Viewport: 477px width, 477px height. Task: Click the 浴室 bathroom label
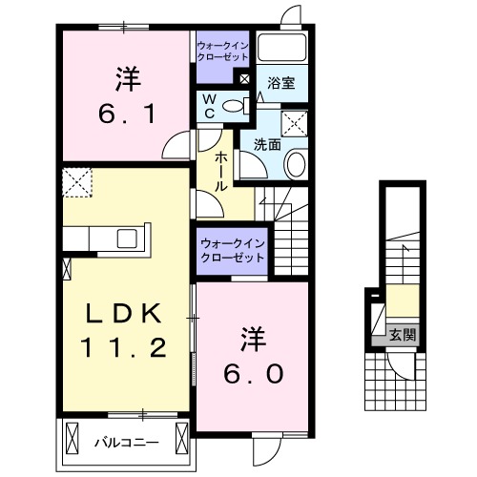[x=281, y=83]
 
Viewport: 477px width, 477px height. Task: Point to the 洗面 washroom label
[x=266, y=145]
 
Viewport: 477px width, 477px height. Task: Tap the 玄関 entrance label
[x=402, y=335]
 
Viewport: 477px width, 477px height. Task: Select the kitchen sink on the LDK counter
[x=127, y=238]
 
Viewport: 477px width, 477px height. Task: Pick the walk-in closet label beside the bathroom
[x=222, y=50]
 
